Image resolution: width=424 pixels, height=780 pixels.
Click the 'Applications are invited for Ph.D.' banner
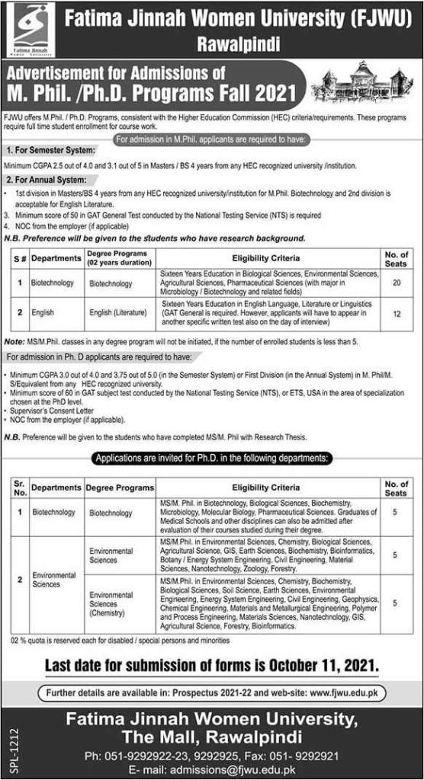click(x=211, y=458)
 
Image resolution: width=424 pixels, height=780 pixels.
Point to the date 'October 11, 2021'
click(x=320, y=665)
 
